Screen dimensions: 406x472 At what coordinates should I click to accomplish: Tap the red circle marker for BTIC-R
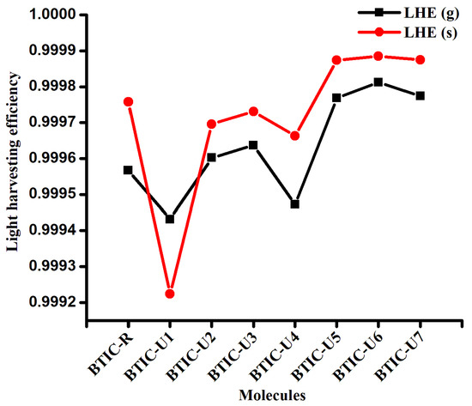coord(128,101)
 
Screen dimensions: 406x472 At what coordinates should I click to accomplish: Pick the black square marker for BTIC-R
coord(128,170)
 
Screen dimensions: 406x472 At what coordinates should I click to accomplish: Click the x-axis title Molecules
coord(274,394)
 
